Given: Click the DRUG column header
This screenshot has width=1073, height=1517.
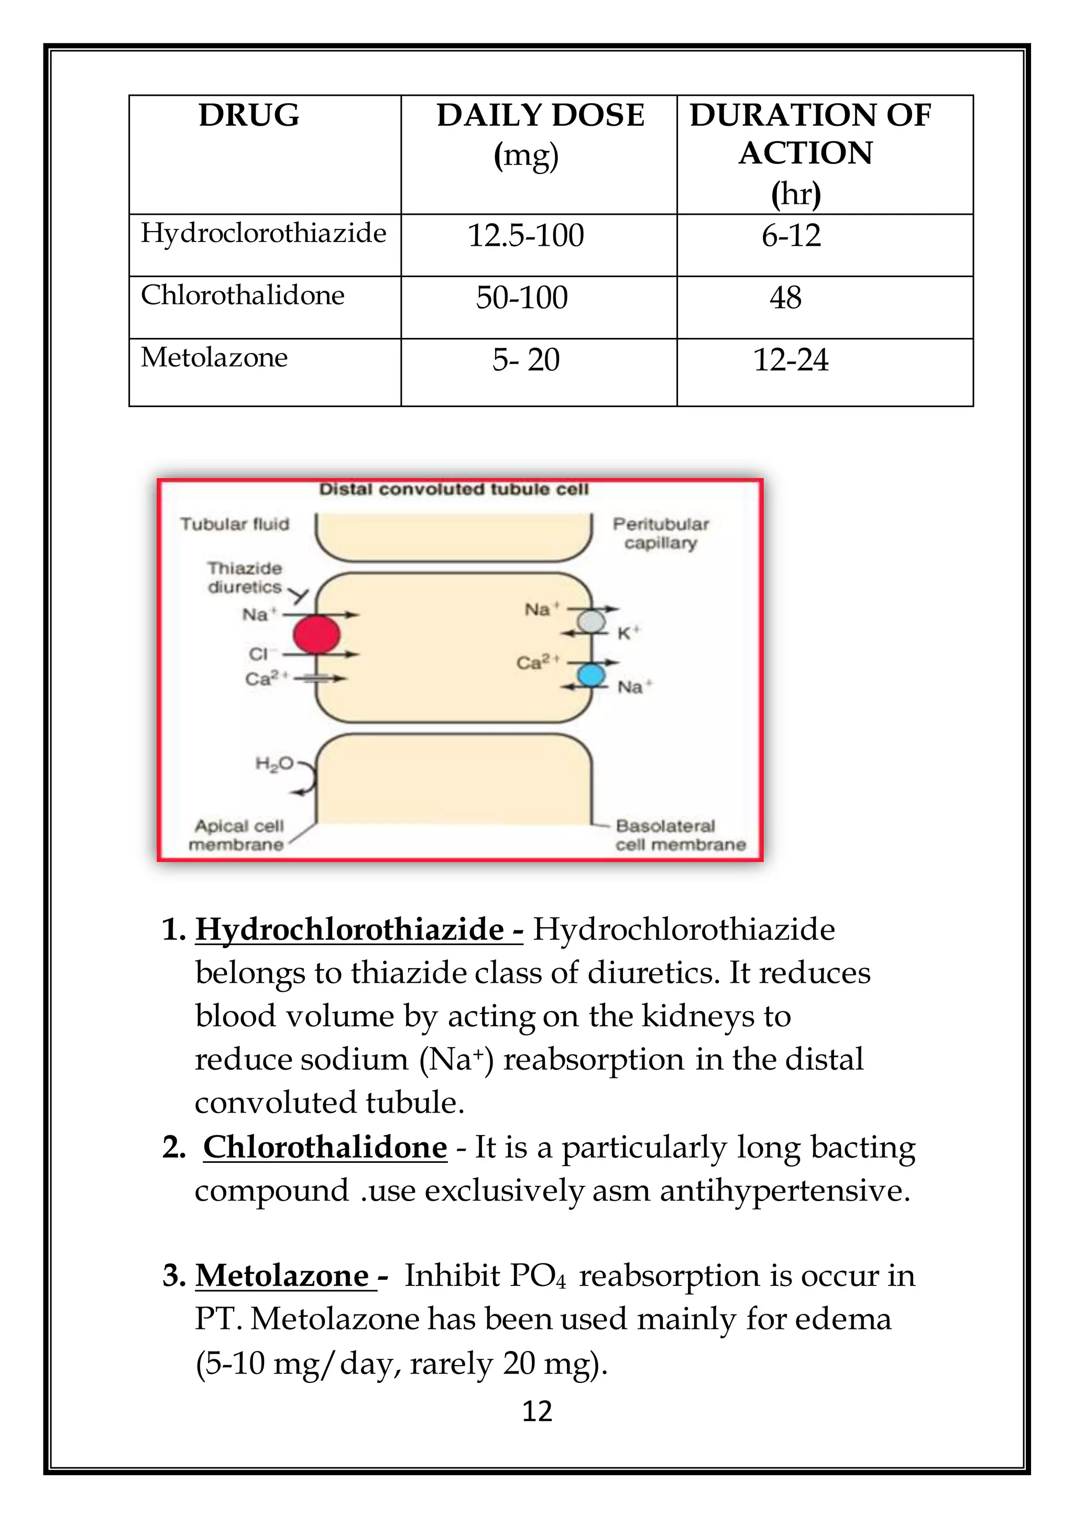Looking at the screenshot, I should (x=249, y=116).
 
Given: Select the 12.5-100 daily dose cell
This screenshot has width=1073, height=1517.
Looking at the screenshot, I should (x=526, y=236).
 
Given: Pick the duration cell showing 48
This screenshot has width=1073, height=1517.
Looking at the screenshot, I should (x=785, y=298).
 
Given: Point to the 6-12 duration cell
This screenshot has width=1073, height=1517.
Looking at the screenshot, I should (x=791, y=236).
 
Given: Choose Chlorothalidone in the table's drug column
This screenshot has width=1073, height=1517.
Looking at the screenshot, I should (x=243, y=295).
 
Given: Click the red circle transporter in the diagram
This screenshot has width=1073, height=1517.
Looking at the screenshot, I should (x=316, y=634).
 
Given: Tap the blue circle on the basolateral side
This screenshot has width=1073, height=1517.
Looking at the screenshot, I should (x=592, y=675).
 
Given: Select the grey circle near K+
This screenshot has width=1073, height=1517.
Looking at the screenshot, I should (x=592, y=621).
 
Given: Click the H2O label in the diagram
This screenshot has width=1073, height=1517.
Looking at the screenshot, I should (x=274, y=764).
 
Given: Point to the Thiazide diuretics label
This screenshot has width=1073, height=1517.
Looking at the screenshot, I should (x=245, y=577).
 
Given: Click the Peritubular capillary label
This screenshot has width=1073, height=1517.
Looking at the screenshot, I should (x=660, y=533).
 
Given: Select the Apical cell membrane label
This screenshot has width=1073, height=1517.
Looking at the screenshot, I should (x=237, y=835).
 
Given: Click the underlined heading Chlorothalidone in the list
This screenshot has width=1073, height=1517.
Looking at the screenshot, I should (x=325, y=1148).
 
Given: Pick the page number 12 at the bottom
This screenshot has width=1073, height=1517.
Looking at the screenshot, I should (x=536, y=1411).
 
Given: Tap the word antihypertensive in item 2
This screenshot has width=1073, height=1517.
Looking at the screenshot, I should (x=785, y=1191).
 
